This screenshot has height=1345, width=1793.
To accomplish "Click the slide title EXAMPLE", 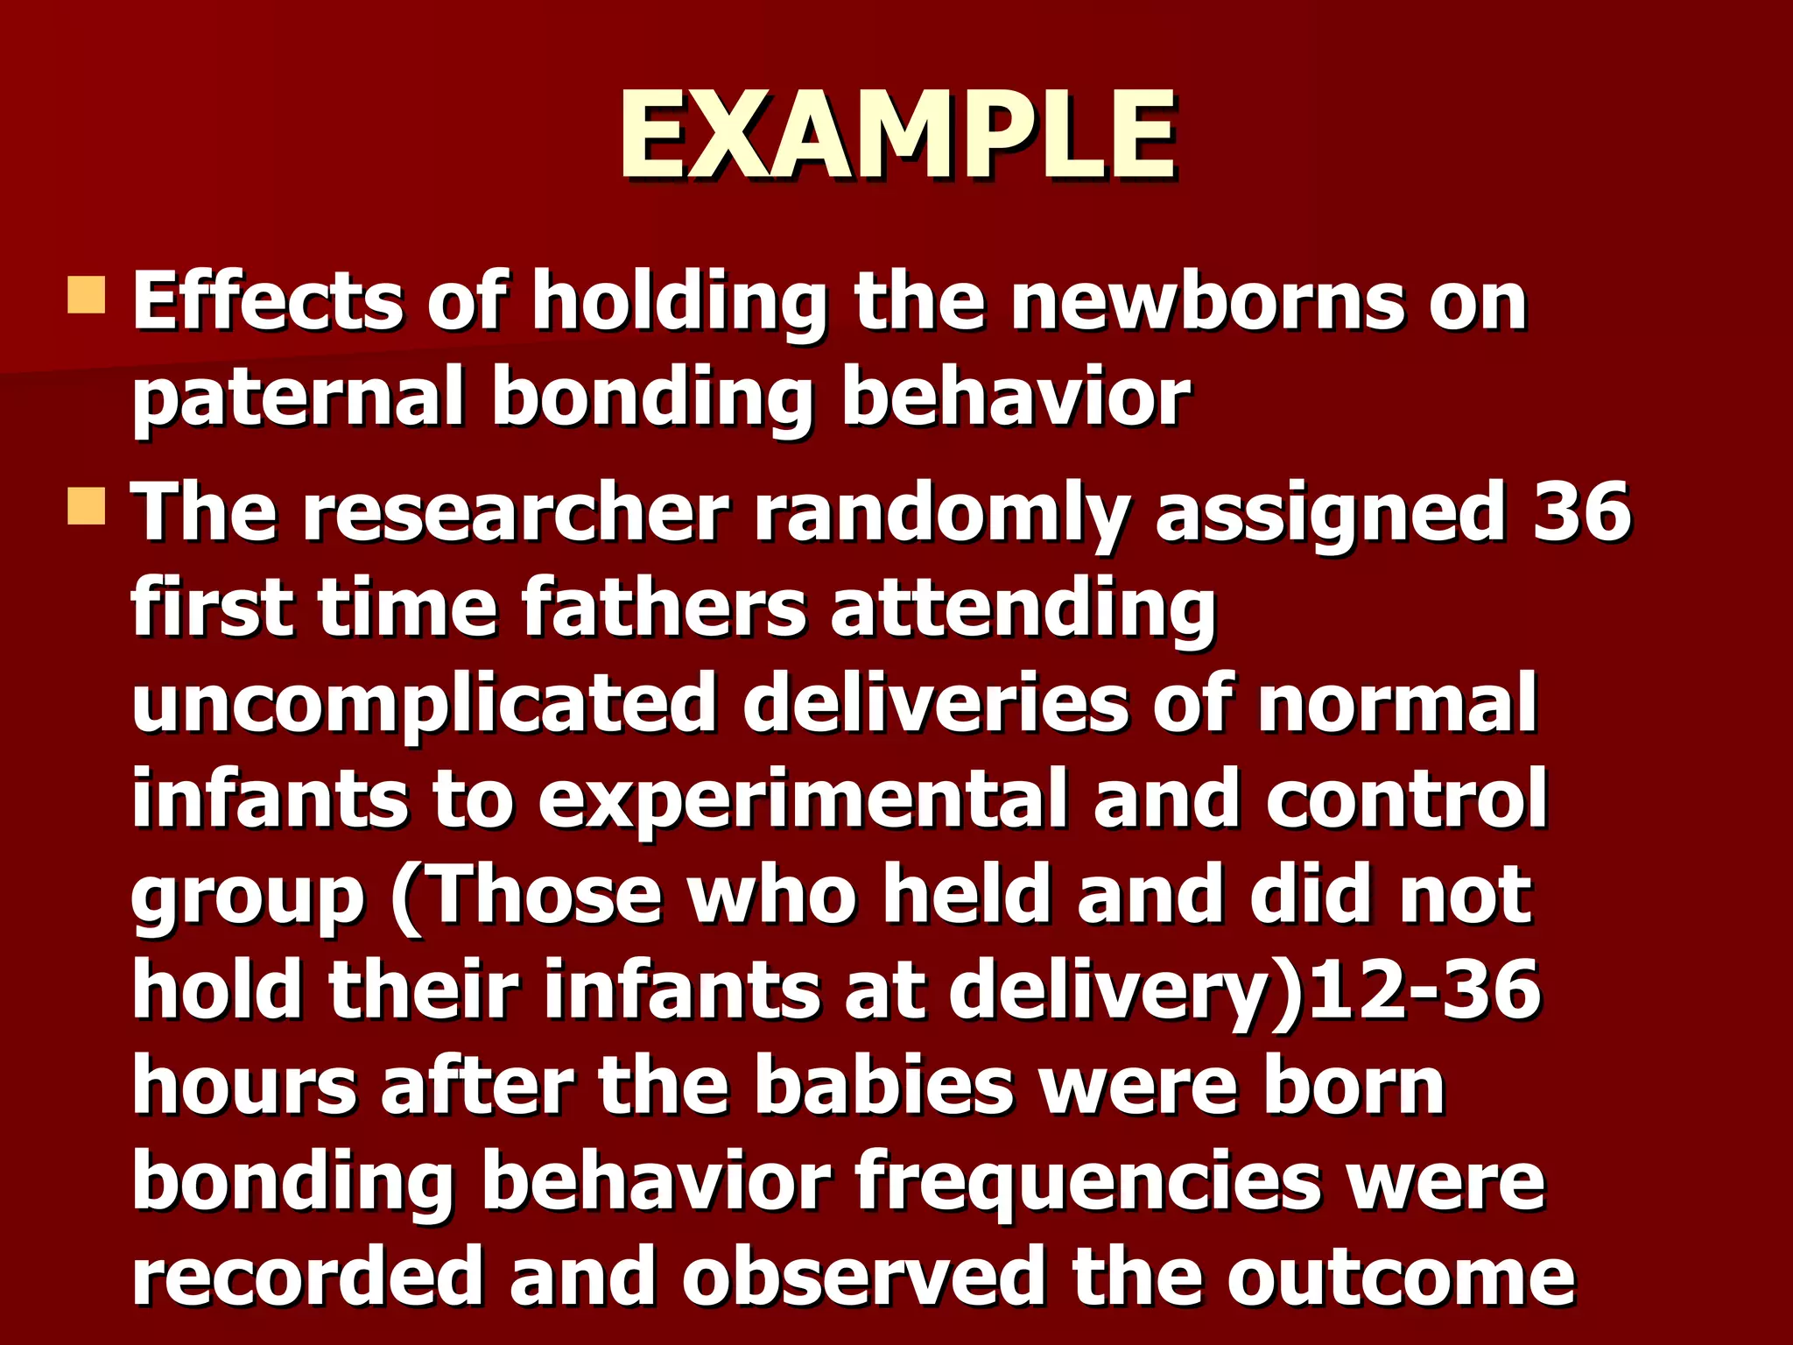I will click(897, 137).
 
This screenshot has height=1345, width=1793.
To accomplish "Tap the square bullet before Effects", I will click(87, 295).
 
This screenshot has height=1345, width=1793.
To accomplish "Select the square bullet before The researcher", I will click(87, 507).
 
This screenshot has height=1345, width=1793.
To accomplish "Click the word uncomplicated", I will click(425, 705).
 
